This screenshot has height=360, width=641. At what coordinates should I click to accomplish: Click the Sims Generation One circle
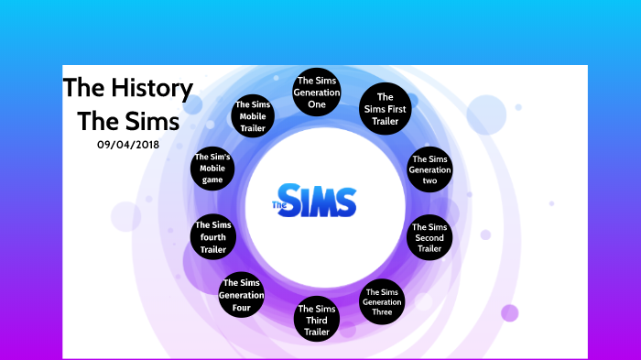[317, 93]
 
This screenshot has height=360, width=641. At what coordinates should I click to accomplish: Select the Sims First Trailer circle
[385, 109]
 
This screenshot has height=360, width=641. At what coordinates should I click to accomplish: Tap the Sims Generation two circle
[429, 169]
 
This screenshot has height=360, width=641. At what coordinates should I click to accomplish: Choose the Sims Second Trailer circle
[429, 238]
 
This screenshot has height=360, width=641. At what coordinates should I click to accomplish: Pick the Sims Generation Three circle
[382, 301]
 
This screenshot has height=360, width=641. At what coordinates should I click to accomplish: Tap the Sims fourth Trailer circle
[213, 237]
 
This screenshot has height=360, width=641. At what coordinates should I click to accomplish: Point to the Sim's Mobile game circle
[213, 169]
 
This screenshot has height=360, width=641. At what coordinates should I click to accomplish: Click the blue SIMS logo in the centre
[317, 199]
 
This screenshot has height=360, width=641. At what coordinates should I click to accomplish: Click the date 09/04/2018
[128, 144]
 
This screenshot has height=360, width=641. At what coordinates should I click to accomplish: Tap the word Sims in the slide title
[142, 120]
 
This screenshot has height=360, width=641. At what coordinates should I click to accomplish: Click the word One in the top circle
[317, 104]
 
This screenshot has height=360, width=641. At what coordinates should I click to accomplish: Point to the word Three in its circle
[382, 312]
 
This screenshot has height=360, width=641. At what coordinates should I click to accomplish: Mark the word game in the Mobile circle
[213, 180]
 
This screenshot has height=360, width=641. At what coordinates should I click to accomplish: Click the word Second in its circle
[429, 238]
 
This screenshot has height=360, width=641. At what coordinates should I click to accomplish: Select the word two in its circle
[429, 180]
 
